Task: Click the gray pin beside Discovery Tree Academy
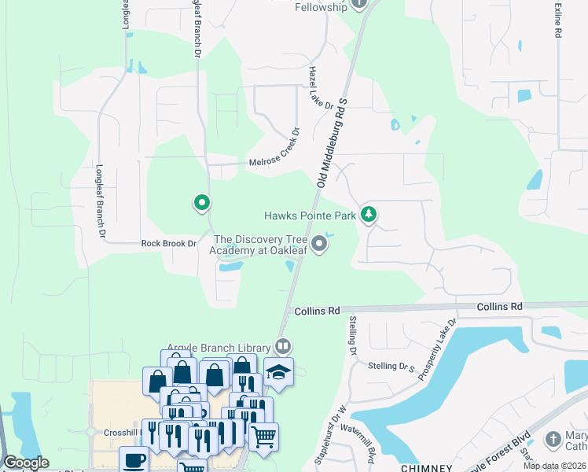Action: coord(319,244)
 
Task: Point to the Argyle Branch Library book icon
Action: coord(283,346)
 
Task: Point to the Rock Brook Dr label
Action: coord(168,244)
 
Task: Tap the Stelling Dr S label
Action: coord(395,367)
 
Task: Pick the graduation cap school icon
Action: coord(277,371)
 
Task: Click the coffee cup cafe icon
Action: coord(133,459)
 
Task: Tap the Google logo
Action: coord(26,463)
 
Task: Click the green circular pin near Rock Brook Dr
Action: coord(202,203)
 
